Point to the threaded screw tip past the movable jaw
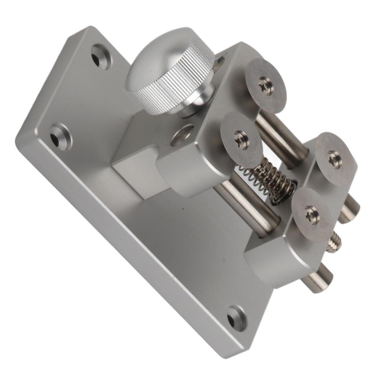click(334, 242)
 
